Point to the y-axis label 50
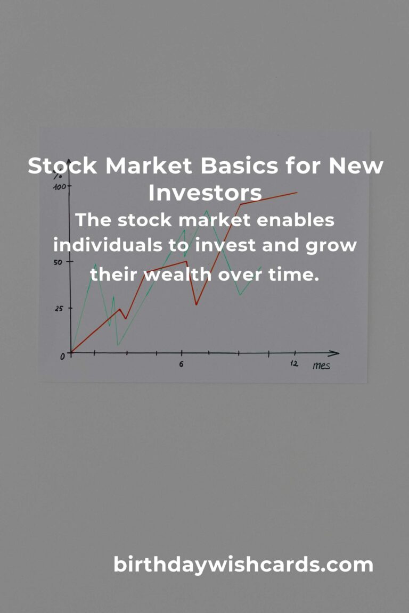tap(58, 262)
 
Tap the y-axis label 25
tap(59, 309)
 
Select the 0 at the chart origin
tap(62, 357)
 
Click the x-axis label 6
tap(182, 365)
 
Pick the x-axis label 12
tap(294, 364)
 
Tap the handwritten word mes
tap(321, 365)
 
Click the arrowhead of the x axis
tap(335, 353)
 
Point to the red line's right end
tap(296, 193)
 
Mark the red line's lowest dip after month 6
tap(196, 304)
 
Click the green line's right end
tap(261, 267)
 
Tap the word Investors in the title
tap(204, 193)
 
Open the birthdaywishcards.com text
tap(243, 565)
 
